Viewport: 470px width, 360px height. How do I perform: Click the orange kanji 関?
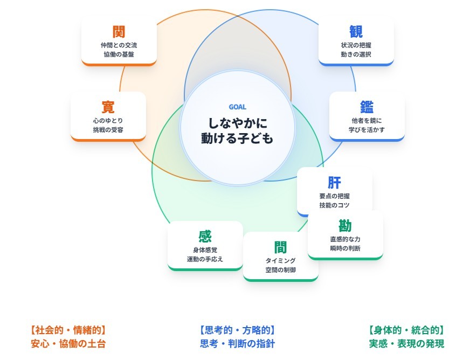[x=119, y=31]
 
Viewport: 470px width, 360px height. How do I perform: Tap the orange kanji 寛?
[x=108, y=107]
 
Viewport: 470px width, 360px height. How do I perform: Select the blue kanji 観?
[x=356, y=31]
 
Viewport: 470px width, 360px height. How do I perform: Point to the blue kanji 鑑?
[x=367, y=107]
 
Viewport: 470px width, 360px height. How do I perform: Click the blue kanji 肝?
[x=334, y=182]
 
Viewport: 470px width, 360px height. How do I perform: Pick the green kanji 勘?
[x=345, y=225]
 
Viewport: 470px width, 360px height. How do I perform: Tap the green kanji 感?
[x=205, y=236]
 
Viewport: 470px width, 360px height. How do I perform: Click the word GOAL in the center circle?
[x=237, y=107]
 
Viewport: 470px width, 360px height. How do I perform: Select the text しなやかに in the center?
[x=237, y=122]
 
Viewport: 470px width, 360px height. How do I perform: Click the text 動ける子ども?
[x=237, y=139]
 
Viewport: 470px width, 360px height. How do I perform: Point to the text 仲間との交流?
[x=119, y=45]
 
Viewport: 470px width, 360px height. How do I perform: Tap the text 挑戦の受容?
[x=108, y=129]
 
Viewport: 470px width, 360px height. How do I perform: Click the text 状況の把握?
[x=356, y=45]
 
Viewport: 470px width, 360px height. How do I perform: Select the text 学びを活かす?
[x=367, y=129]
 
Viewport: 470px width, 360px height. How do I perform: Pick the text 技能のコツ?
[x=334, y=205]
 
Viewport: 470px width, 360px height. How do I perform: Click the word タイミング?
[x=280, y=260]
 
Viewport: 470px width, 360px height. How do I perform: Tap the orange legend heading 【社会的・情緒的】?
[x=68, y=330]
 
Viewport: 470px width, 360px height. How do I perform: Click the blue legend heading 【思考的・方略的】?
[x=237, y=330]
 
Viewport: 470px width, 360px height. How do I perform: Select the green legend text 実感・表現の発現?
[x=406, y=344]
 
